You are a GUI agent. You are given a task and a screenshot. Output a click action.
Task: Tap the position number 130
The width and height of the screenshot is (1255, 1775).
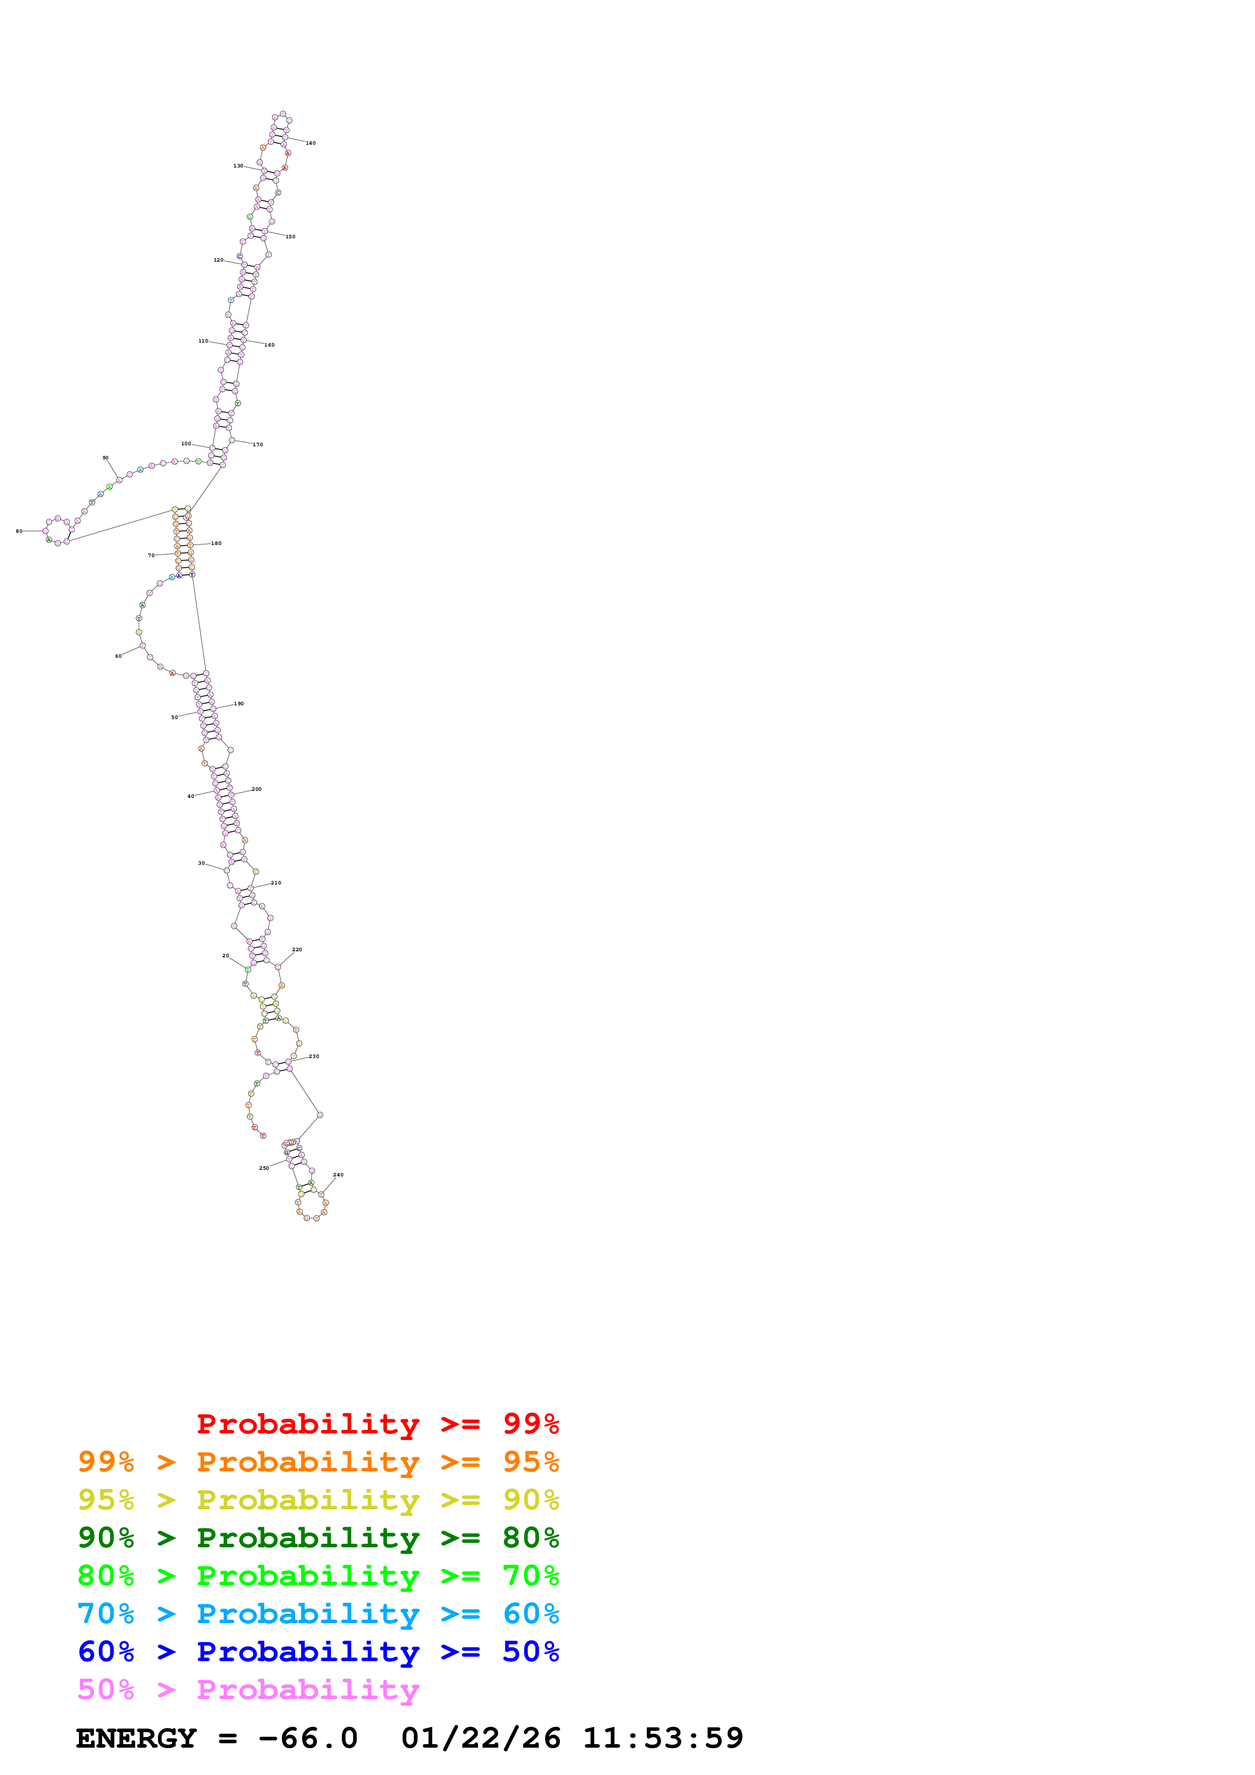[x=238, y=165]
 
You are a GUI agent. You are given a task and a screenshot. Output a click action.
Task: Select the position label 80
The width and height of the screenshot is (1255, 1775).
[x=19, y=531]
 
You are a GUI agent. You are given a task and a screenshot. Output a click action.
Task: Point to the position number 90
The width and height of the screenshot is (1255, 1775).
[x=106, y=458]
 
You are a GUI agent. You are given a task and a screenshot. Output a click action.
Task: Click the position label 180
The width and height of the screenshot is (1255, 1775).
[x=217, y=543]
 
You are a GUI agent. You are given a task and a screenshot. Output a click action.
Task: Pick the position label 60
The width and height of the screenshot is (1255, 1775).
[x=118, y=656]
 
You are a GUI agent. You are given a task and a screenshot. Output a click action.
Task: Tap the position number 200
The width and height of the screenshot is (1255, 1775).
[x=257, y=789]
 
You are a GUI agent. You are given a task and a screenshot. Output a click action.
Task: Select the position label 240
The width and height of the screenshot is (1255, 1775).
[x=338, y=1175]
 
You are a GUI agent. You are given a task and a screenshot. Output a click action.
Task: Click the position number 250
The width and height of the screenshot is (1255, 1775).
[x=264, y=1168]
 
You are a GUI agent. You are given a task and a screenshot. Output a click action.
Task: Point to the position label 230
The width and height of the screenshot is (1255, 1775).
[x=314, y=1056]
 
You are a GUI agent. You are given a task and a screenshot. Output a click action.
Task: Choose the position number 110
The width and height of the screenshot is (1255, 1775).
[x=204, y=341]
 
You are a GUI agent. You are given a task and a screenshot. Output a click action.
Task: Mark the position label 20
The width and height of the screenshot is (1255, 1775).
[x=226, y=955]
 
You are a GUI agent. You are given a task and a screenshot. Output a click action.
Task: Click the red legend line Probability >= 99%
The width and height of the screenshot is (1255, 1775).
[x=377, y=1424]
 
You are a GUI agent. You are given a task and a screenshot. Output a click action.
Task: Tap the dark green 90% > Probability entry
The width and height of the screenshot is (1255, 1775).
[x=318, y=1538]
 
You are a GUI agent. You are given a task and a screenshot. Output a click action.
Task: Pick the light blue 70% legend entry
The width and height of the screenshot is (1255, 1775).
[x=318, y=1614]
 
